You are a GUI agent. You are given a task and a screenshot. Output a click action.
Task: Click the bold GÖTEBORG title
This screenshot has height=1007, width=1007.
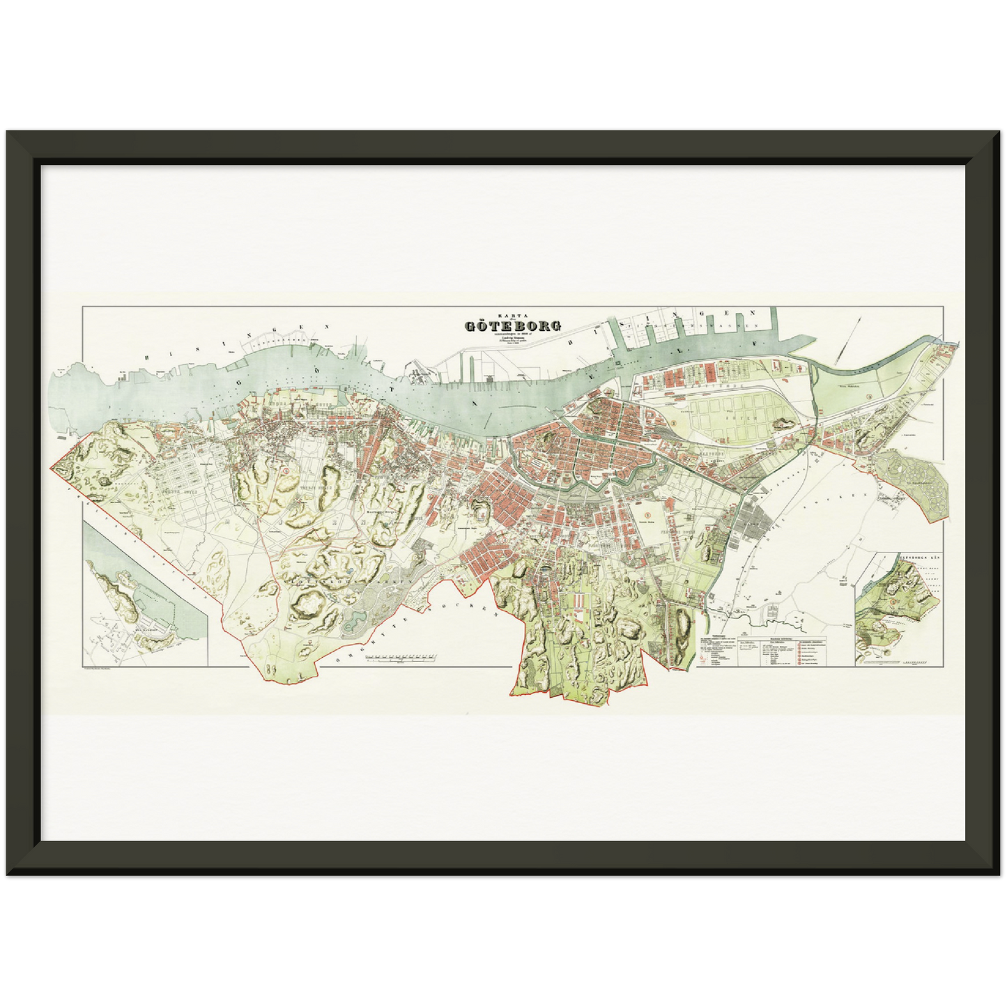coord(508,325)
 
